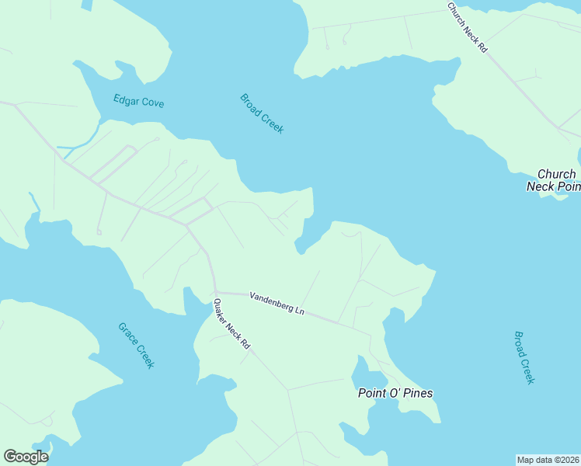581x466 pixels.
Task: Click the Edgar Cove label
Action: (138, 102)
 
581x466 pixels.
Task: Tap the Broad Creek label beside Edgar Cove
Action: (262, 113)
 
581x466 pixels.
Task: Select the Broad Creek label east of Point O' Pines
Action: (524, 357)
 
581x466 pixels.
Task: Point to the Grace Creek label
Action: (137, 346)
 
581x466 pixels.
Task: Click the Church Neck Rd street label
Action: (467, 27)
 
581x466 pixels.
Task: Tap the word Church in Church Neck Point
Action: (556, 174)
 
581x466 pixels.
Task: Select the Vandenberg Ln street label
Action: (277, 303)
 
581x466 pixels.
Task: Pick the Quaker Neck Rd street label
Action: (233, 323)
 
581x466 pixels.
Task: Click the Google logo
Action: (26, 457)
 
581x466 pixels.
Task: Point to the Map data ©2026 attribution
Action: (548, 460)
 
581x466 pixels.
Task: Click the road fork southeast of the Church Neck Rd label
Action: (558, 127)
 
